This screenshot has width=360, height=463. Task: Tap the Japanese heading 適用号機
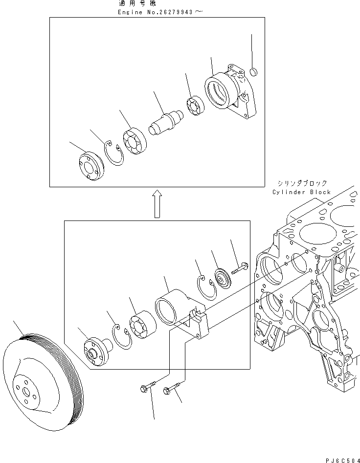click(x=136, y=3)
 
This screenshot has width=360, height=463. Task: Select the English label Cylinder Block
click(x=302, y=192)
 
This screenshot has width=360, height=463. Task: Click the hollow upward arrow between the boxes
click(x=156, y=204)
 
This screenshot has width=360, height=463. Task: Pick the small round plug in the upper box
click(x=253, y=73)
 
